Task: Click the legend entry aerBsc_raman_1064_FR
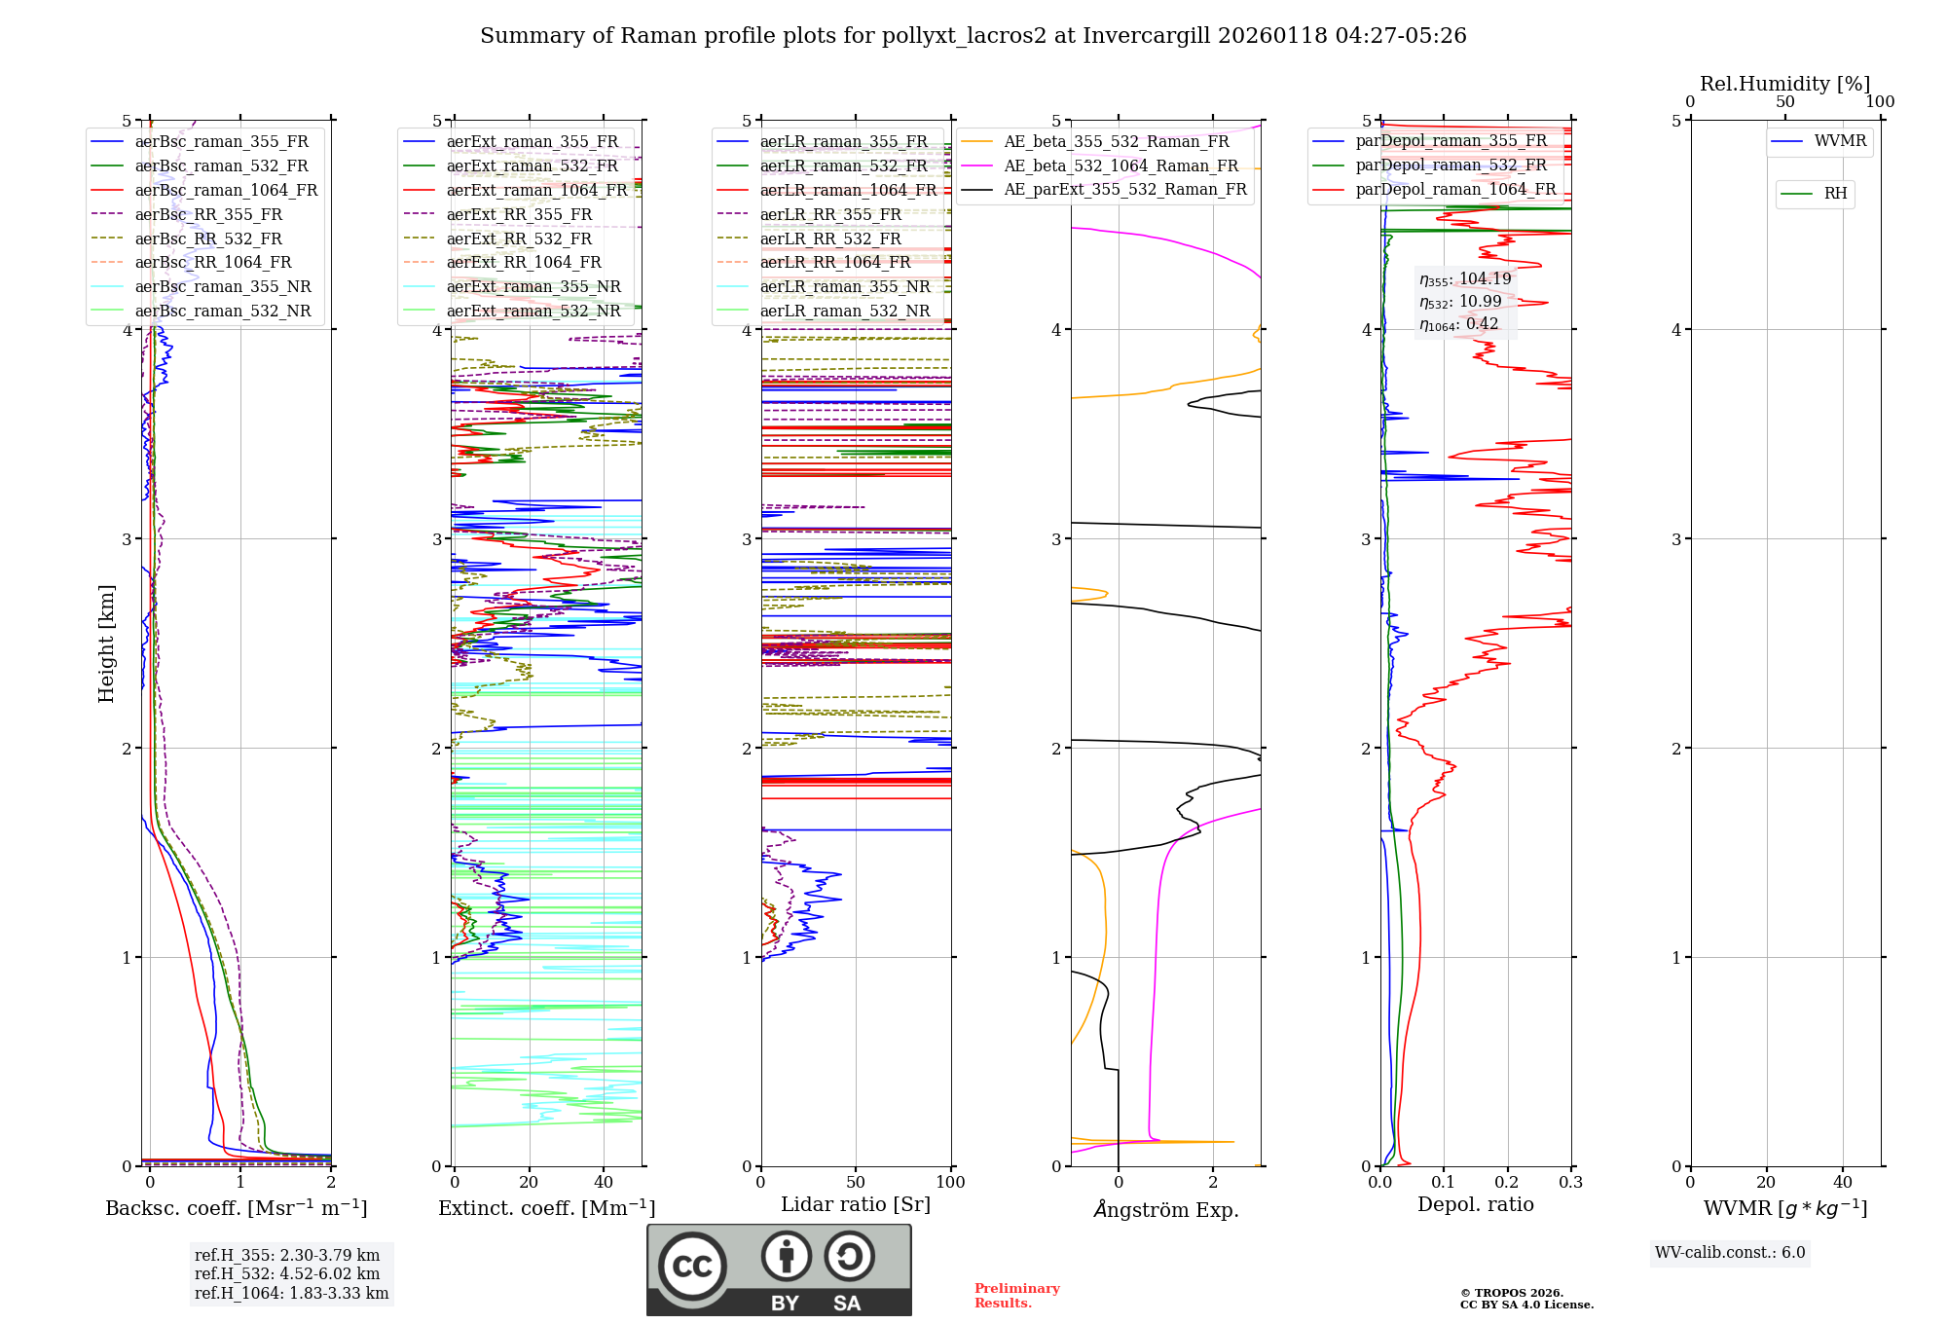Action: [x=226, y=190]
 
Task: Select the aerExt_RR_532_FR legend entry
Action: [x=519, y=239]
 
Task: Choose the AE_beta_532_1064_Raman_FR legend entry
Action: [x=1120, y=165]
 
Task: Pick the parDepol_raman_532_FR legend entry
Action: [x=1451, y=165]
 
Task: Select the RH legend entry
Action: [x=1835, y=194]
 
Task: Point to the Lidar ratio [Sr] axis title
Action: [x=856, y=1204]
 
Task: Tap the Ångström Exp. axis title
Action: [x=1165, y=1209]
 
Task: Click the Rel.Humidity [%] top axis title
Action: [x=1784, y=84]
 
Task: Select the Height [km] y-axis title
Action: [x=106, y=644]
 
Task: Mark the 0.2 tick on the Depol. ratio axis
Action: [x=1507, y=1182]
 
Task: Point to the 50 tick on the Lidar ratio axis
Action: [x=856, y=1182]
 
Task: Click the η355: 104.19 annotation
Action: [x=1465, y=279]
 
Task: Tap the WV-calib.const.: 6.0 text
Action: [x=1730, y=1253]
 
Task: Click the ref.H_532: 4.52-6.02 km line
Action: [x=287, y=1274]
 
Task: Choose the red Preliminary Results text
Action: [x=1016, y=1296]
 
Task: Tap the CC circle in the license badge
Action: [x=692, y=1267]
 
